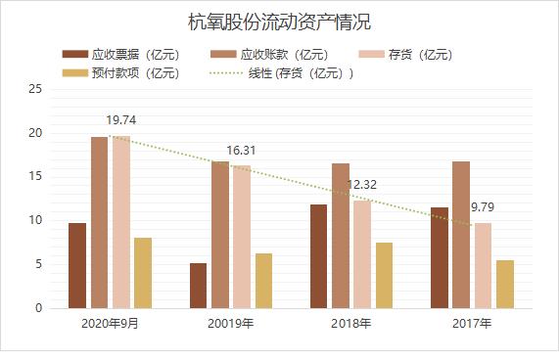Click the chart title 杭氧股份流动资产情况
[x=279, y=22]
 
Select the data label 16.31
[x=242, y=151]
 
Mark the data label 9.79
[x=486, y=207]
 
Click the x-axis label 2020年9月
[x=110, y=323]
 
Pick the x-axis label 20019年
[x=231, y=323]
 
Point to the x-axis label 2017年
[x=472, y=323]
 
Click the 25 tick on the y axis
[x=36, y=89]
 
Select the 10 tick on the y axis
[x=36, y=220]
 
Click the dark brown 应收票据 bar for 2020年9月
[x=77, y=265]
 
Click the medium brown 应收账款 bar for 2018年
[x=341, y=236]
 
